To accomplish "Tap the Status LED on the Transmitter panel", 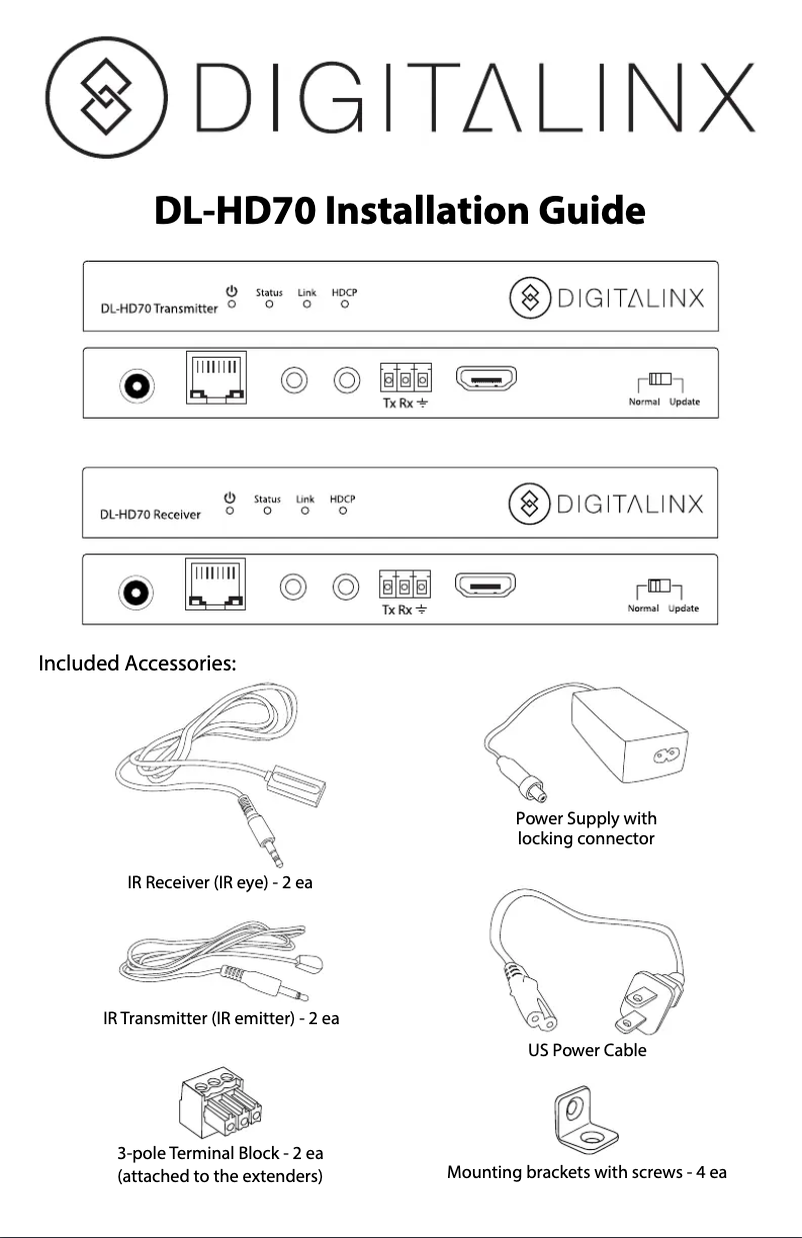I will pos(269,306).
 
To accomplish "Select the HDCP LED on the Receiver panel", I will pos(343,512).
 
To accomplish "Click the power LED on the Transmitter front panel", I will pos(231,305).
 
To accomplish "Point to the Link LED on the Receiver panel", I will pos(306,512).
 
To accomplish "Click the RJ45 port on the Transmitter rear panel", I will pos(216,381).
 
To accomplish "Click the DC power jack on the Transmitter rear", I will pos(136,383).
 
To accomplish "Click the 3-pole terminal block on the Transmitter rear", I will pos(405,381).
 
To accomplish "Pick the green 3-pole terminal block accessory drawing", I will pos(221,1110).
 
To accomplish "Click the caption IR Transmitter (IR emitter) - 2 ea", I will pos(221,1019).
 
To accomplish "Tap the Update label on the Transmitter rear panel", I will pos(684,403).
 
